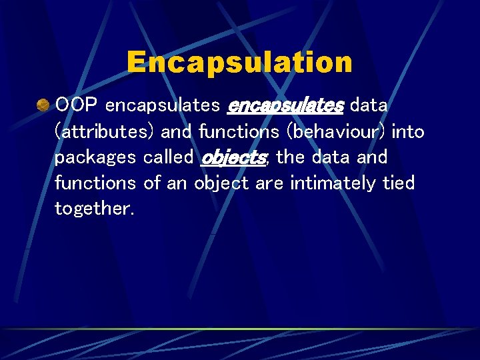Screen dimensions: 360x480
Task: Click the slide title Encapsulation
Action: pos(239,63)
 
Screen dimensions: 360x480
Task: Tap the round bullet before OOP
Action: pos(43,105)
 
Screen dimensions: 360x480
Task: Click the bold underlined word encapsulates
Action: pos(285,105)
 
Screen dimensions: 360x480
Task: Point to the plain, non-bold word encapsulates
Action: pos(163,106)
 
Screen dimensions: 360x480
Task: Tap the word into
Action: pos(408,132)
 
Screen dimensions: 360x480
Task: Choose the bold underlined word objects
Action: pos(234,158)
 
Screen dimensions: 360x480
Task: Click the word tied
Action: pos(398,183)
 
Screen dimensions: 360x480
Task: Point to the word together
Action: pos(94,209)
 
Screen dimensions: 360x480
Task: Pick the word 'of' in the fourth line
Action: pos(152,183)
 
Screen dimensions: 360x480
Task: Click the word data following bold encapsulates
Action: pos(369,105)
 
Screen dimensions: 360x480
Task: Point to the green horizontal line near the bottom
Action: pos(239,329)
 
